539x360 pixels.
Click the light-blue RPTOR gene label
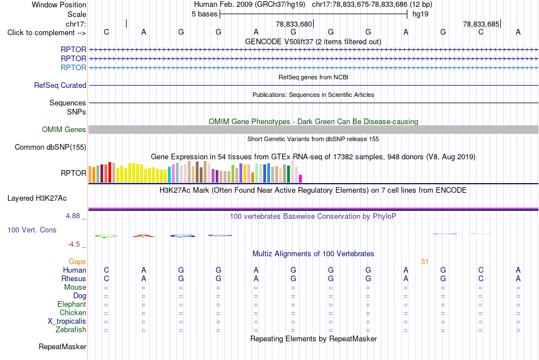(73, 67)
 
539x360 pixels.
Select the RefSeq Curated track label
(60, 85)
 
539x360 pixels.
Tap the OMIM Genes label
(64, 129)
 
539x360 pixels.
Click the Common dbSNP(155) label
(50, 147)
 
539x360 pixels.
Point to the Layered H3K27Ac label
(37, 198)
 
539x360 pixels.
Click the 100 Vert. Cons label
(32, 230)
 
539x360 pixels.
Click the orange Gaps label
(77, 262)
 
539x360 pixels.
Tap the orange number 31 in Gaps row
(425, 262)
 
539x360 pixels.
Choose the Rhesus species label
(74, 278)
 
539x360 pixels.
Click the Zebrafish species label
(71, 329)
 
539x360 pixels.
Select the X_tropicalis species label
(67, 321)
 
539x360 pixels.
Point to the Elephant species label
(72, 304)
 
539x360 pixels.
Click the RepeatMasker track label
(62, 346)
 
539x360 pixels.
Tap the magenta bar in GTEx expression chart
(301, 179)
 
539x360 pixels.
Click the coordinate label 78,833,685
(481, 24)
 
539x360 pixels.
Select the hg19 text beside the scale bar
(420, 14)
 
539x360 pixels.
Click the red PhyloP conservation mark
(144, 236)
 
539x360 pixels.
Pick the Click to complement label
(47, 33)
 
